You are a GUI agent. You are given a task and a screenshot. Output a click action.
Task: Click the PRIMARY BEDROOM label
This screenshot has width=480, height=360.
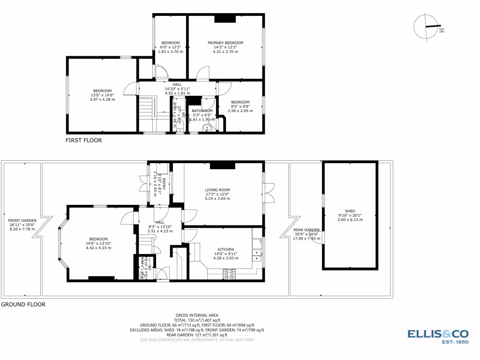coord(225,43)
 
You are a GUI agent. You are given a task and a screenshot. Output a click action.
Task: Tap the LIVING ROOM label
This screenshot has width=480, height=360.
coord(217,190)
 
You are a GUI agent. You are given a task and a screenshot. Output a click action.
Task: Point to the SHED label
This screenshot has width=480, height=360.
coord(350,211)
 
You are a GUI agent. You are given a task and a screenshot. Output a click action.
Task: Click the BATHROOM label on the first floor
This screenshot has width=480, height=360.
coord(202,111)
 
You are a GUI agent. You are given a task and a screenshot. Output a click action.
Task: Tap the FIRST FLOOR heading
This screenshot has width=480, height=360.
coord(83,140)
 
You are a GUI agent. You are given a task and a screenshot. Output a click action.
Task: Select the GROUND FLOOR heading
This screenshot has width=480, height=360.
coord(23,304)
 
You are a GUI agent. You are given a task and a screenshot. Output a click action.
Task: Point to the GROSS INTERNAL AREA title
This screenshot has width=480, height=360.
coord(197,315)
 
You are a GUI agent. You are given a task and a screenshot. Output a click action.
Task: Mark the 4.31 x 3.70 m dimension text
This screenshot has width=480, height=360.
coord(225,52)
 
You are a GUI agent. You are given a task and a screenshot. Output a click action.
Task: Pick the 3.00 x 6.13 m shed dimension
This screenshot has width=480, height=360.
coord(350,219)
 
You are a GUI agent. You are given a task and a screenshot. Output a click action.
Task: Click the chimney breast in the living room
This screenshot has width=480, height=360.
coord(222,165)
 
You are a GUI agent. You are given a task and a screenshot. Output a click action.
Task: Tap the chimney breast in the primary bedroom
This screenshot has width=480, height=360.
coord(225,19)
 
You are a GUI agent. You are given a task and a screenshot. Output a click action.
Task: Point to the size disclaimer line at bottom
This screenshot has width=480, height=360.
coord(197,339)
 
